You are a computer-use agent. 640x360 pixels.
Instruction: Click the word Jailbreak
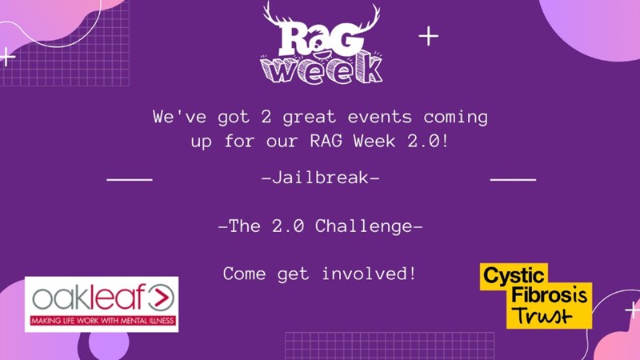[x=321, y=178]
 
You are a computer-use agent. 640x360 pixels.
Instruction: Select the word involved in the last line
[x=369, y=274]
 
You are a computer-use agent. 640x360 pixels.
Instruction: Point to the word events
[x=379, y=117]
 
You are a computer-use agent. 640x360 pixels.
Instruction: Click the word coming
[x=455, y=118]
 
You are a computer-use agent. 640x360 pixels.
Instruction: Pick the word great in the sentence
[x=310, y=118]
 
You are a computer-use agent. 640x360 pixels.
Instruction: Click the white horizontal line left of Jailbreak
[x=130, y=179]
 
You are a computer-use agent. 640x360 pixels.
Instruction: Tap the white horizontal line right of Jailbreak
[x=513, y=179]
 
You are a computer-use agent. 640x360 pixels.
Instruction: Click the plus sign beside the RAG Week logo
[x=429, y=36]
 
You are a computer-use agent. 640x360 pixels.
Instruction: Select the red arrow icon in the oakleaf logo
[x=161, y=298]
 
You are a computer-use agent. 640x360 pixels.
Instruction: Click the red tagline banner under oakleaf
[x=103, y=321]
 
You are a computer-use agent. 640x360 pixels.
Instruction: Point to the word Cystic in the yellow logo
[x=514, y=276]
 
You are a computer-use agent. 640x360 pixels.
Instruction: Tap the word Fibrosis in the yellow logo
[x=550, y=295]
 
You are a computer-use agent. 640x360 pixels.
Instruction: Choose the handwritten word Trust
[x=542, y=315]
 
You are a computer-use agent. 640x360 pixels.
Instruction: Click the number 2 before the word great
[x=266, y=117]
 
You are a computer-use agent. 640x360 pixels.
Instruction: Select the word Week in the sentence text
[x=374, y=142]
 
